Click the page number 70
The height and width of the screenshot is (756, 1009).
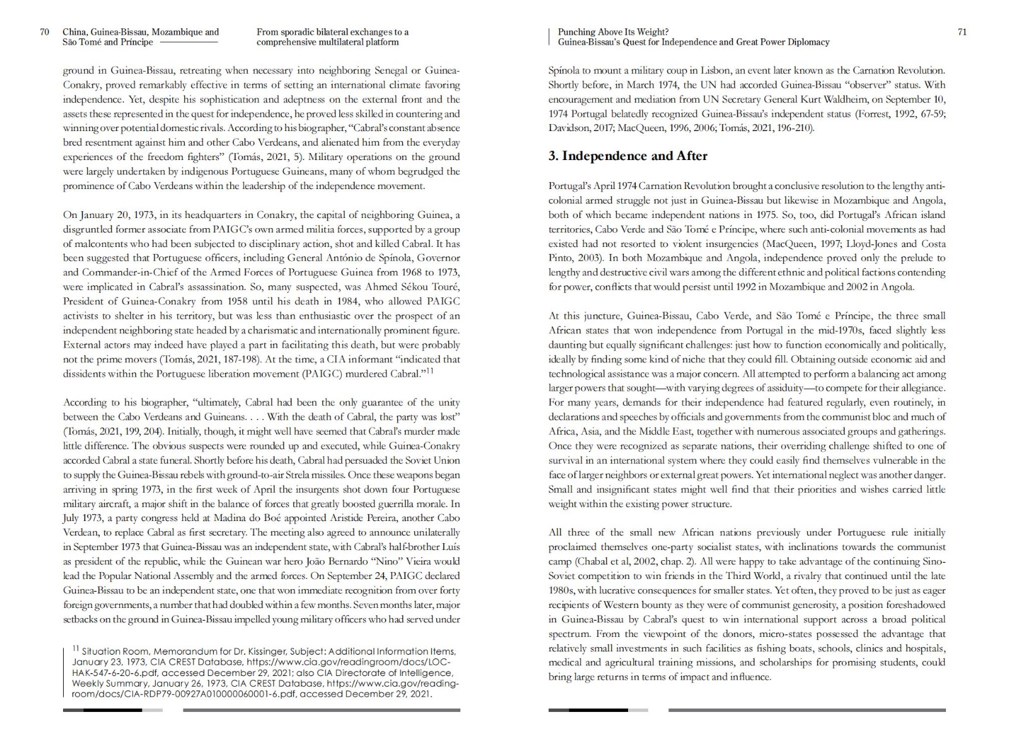pos(45,32)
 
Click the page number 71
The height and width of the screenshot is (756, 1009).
pos(962,32)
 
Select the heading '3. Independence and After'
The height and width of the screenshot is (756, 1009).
pos(627,156)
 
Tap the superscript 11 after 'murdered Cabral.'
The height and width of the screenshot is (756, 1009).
pos(429,371)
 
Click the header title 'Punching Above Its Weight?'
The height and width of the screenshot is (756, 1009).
pos(613,32)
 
